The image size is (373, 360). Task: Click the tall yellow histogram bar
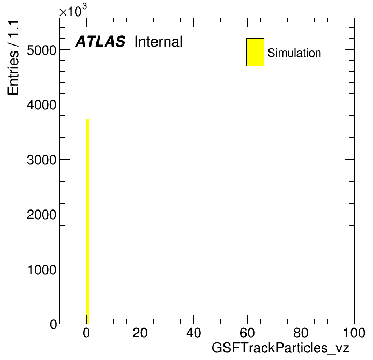87,221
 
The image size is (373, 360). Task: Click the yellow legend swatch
255,52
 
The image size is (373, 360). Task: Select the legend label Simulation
294,52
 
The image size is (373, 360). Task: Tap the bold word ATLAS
100,41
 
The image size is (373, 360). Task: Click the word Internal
159,42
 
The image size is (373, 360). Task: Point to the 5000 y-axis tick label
41,50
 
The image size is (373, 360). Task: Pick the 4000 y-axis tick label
41,104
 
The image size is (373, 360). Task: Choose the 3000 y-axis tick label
41,160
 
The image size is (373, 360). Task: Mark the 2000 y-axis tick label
41,214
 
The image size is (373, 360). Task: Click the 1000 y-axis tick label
42,269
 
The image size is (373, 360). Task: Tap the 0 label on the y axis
54,324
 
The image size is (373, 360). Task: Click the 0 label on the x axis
86,333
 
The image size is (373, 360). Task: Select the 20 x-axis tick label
140,333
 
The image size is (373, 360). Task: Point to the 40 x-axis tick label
193,333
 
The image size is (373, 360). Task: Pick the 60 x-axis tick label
247,333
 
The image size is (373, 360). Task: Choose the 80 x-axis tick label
301,333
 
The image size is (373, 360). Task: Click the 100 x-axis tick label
354,333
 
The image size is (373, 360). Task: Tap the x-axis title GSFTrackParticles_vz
280,348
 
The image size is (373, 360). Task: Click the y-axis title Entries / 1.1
13,58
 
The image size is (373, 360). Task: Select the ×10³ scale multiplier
73,10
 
